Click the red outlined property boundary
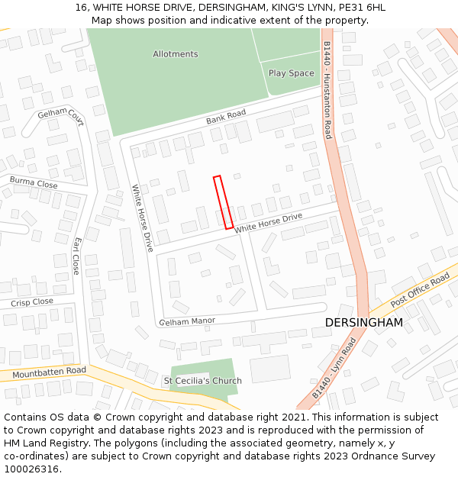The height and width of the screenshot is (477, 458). [223, 202]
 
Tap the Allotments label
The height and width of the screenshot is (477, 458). [175, 54]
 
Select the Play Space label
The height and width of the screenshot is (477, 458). [291, 73]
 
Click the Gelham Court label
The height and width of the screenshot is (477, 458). [60, 118]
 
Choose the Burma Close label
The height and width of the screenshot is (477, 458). [34, 183]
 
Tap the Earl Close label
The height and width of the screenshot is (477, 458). [76, 256]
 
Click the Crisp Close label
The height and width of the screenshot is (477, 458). [32, 302]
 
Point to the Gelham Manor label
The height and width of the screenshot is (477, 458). [187, 322]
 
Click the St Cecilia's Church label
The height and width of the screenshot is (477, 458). [203, 381]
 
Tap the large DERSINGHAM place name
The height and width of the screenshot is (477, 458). [363, 323]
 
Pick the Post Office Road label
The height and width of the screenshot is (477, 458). [421, 292]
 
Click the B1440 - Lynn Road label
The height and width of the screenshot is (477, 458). [334, 369]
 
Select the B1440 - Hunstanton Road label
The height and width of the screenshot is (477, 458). [327, 90]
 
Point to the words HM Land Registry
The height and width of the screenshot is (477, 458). [38, 443]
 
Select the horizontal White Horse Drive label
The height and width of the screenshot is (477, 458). [269, 223]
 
